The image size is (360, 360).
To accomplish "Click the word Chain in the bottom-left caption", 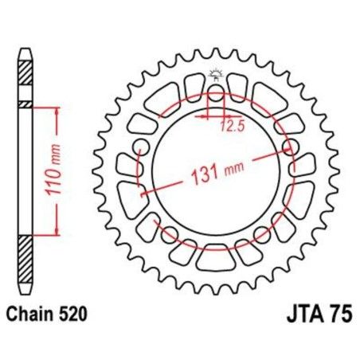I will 31,315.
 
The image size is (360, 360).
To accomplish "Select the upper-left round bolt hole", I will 140,146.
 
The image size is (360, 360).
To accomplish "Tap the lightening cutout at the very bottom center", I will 213,257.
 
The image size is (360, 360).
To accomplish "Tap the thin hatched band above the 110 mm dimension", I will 27,104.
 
